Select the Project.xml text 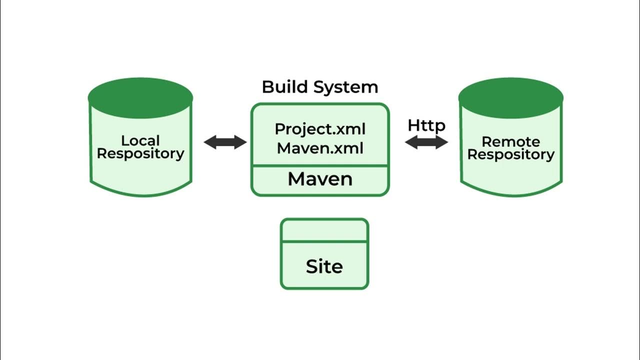320,129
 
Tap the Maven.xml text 320,148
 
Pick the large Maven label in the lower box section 320,179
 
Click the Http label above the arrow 426,126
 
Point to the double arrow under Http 426,142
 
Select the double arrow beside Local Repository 225,142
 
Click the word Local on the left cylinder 140,140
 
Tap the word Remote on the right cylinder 510,141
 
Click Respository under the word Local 140,154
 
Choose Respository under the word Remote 510,155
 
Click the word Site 324,267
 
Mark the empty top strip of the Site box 324,230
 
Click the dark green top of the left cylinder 140,98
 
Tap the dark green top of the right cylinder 511,98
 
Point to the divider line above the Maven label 320,166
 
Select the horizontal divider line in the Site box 324,242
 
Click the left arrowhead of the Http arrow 412,142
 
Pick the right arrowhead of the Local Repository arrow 240,142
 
